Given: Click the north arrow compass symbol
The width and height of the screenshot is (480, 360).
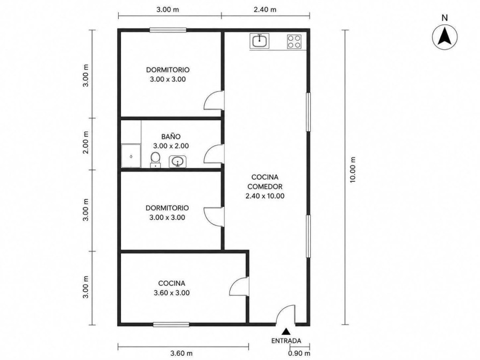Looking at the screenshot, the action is (445, 37).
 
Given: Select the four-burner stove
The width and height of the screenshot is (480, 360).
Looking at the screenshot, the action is (294, 41).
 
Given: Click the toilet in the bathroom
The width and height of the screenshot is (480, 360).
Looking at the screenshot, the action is (155, 160).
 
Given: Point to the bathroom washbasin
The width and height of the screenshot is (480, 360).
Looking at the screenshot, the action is (177, 162).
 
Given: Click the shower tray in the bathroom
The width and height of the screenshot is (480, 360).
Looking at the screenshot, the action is (131, 156).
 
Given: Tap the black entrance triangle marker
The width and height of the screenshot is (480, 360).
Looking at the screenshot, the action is (286, 331).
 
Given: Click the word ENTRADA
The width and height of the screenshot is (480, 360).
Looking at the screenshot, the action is (286, 341).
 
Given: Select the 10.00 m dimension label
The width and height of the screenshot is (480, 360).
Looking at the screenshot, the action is (353, 170).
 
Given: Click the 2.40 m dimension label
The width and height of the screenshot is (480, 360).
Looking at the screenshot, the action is (265, 10).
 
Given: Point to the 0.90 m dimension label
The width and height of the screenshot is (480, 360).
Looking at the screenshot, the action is (299, 353).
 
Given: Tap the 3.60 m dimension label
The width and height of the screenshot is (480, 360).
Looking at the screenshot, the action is (181, 353).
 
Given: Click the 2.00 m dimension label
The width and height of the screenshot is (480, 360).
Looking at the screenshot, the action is (86, 142).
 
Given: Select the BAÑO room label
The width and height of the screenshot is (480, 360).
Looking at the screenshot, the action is (171, 136).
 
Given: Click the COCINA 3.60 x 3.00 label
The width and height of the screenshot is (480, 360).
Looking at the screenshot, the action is (171, 288).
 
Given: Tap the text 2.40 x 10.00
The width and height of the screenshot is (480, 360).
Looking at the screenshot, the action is (265, 196).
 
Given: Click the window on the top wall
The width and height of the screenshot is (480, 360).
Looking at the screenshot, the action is (168, 30).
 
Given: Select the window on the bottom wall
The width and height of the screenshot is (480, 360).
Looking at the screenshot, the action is (171, 325).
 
